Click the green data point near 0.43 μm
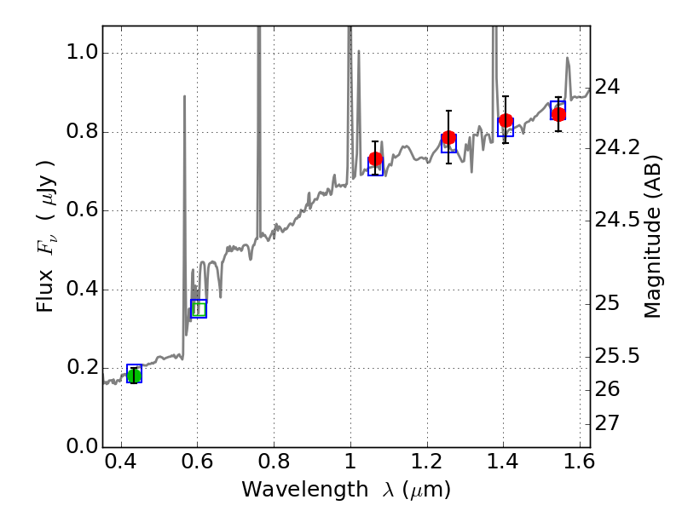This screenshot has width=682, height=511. (x=134, y=376)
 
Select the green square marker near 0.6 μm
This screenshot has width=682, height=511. (x=199, y=308)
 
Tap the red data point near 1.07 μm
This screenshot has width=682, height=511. (x=375, y=159)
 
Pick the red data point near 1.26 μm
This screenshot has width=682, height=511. (x=448, y=138)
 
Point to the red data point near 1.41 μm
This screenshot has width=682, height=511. (x=506, y=121)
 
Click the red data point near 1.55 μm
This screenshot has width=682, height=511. (x=558, y=114)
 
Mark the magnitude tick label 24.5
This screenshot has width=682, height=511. (x=616, y=221)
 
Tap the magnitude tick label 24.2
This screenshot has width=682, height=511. (x=616, y=148)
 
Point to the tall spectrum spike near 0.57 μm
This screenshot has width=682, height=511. (x=184, y=98)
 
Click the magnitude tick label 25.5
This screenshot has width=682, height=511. (x=616, y=355)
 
